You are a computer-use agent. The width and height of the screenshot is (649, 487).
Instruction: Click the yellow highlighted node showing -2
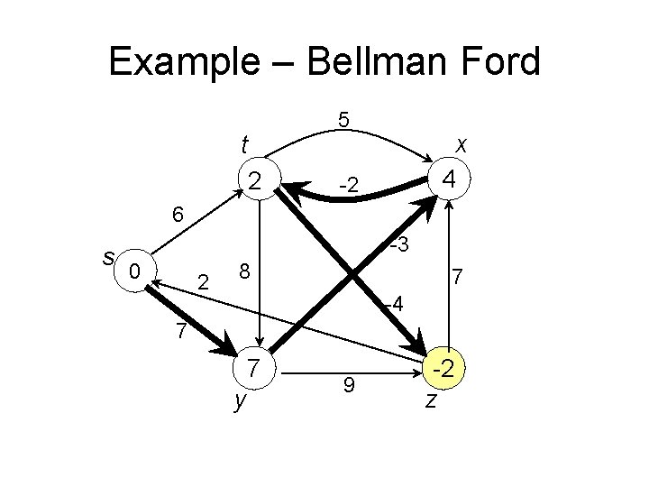tap(444, 368)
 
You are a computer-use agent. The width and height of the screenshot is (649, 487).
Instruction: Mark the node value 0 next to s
tap(134, 271)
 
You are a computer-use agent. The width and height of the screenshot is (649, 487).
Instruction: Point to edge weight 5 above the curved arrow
tap(343, 120)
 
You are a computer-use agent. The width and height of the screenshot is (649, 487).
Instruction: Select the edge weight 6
tap(178, 215)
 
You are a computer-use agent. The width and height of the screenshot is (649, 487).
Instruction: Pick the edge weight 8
tap(243, 271)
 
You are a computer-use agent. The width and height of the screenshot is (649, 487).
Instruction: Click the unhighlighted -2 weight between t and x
tap(349, 186)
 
